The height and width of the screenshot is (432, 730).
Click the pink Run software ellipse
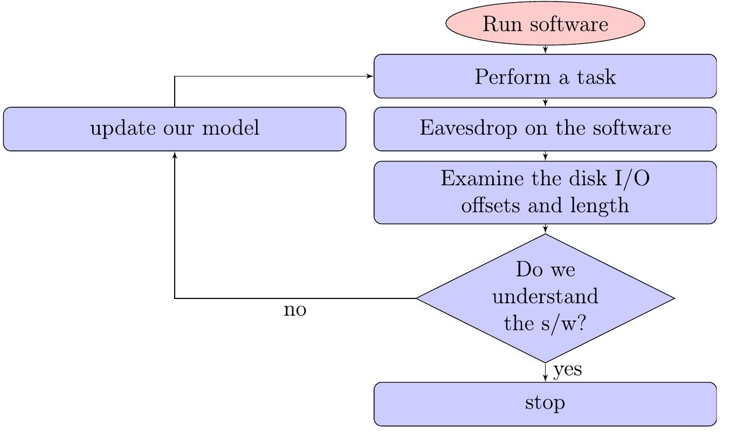click(545, 23)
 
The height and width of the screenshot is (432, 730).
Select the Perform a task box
click(545, 76)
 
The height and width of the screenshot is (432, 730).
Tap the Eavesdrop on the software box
click(545, 129)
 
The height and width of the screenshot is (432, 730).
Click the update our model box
click(175, 129)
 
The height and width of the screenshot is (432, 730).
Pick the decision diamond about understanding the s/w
click(545, 298)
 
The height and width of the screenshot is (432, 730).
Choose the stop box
click(545, 404)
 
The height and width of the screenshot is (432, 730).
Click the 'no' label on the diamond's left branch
click(295, 310)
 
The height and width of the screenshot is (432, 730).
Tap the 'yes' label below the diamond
click(567, 370)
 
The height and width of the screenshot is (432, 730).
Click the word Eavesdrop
click(469, 128)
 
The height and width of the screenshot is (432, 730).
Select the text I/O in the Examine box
click(632, 178)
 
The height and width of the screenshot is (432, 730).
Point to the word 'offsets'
click(490, 205)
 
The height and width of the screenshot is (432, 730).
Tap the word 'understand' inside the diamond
click(545, 296)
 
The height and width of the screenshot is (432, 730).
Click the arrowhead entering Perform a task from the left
click(370, 76)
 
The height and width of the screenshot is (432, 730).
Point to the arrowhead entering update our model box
click(175, 155)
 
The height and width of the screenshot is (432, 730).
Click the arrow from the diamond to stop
click(545, 372)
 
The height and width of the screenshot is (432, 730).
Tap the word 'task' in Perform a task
click(596, 77)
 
